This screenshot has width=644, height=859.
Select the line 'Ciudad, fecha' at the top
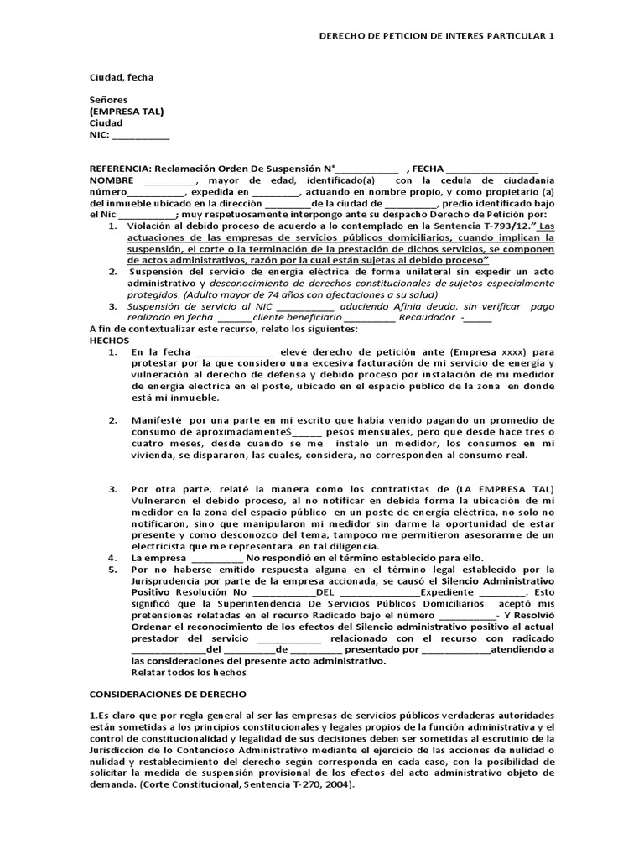click(x=122, y=77)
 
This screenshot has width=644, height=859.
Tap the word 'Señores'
click(x=109, y=99)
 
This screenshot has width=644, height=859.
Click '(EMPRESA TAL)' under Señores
click(x=127, y=111)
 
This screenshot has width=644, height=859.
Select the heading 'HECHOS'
click(x=110, y=341)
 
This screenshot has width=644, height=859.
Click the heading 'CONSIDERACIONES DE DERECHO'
click(x=168, y=695)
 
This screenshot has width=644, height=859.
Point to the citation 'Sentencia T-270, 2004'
click(x=299, y=784)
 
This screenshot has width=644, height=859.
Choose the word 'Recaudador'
click(x=426, y=318)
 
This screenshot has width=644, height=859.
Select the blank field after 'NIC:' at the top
click(x=140, y=135)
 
